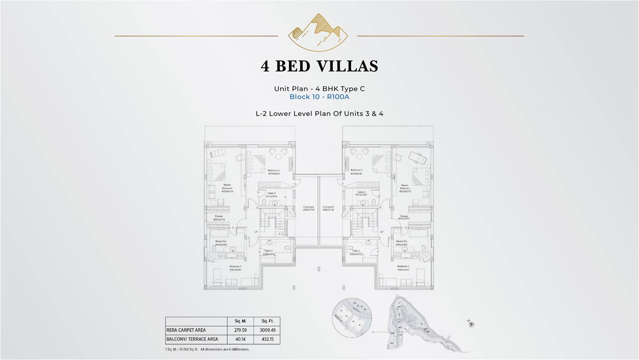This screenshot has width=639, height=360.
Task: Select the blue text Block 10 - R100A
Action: click(x=319, y=97)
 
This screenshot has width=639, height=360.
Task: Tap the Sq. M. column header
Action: click(x=240, y=321)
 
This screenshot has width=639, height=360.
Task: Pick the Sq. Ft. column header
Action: click(x=267, y=321)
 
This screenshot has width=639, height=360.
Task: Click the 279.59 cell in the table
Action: click(x=240, y=330)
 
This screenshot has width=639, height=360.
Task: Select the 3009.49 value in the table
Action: click(x=267, y=330)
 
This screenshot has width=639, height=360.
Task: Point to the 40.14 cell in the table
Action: click(x=240, y=339)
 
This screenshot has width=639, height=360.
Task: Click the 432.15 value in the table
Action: click(x=267, y=339)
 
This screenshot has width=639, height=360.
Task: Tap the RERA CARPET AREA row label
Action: click(x=186, y=330)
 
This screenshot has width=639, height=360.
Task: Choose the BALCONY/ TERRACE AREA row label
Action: click(x=192, y=339)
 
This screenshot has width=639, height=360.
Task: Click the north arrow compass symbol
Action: click(x=471, y=324)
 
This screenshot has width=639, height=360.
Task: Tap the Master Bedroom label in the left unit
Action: click(x=227, y=188)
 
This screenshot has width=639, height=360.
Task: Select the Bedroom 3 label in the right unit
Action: click(x=356, y=171)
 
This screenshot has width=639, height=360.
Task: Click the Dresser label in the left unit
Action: click(x=219, y=217)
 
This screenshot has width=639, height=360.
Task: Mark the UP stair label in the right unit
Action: click(x=382, y=232)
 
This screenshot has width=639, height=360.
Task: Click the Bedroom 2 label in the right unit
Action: click(x=402, y=268)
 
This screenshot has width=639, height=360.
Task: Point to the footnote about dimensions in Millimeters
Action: click(x=207, y=349)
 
